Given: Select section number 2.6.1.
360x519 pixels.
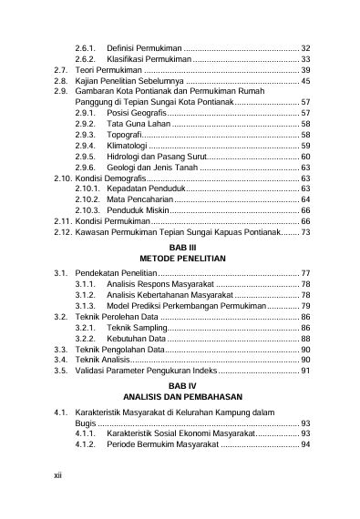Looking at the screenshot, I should pos(86,46).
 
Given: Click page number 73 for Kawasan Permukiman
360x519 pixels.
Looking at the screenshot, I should pos(306,233).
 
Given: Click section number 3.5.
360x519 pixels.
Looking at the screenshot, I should pos(60,371).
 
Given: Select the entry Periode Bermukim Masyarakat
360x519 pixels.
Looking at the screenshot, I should pos(162,444).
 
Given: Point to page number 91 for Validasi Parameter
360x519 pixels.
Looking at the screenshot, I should pos(306,371).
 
